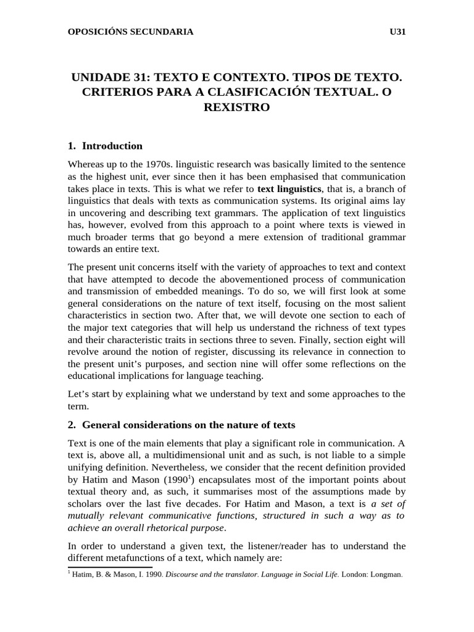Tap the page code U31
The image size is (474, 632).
click(x=396, y=31)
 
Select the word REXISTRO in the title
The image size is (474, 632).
click(x=236, y=107)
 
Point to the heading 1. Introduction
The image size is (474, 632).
click(x=105, y=146)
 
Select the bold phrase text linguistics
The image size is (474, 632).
click(x=289, y=189)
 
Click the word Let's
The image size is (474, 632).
click(x=79, y=394)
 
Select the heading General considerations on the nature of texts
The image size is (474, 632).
click(x=188, y=425)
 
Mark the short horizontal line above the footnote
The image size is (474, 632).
click(x=109, y=567)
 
